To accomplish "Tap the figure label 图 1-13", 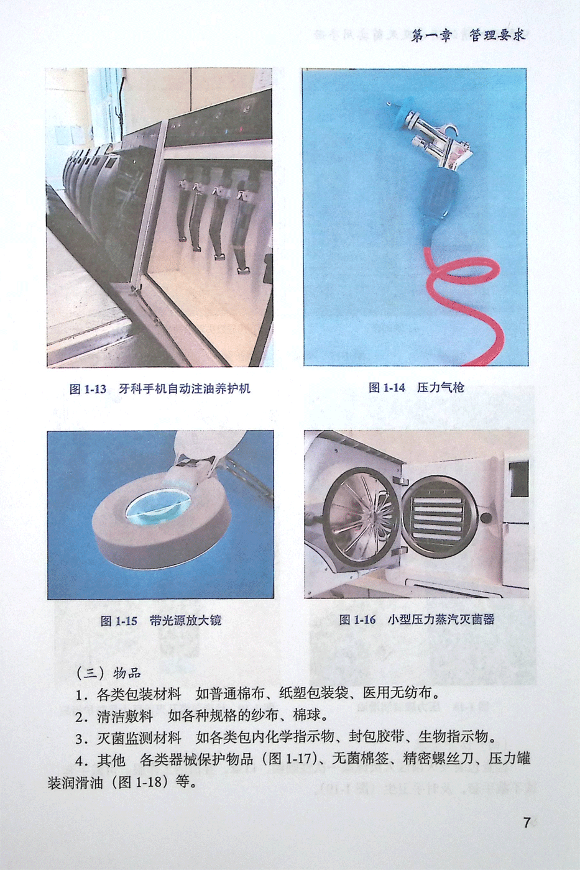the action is tap(88, 389).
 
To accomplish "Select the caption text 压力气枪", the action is tap(441, 387).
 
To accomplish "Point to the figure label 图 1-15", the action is tap(119, 621).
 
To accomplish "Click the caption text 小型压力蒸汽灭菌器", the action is tap(441, 619).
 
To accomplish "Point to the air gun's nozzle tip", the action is tap(389, 104).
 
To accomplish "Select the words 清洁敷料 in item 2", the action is tap(125, 715).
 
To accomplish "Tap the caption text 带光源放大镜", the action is tap(185, 621).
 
